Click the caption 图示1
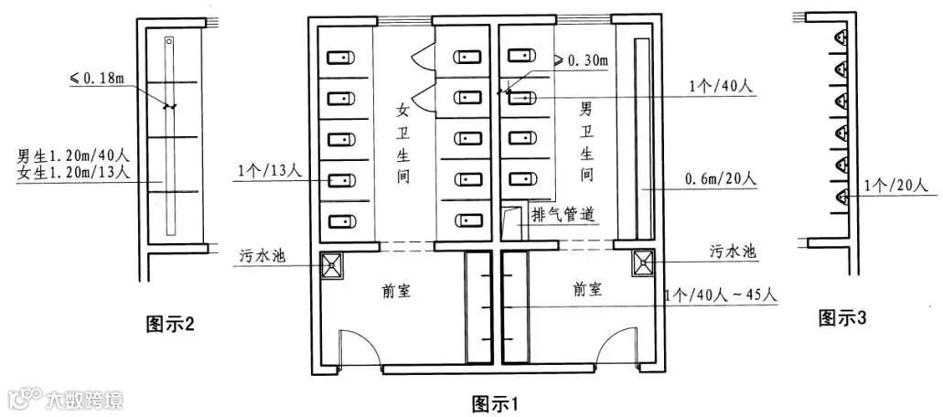tap(495, 402)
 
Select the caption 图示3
tap(842, 317)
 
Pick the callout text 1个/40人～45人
tap(723, 296)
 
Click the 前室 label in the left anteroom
tap(396, 291)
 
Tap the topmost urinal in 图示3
tap(841, 38)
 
